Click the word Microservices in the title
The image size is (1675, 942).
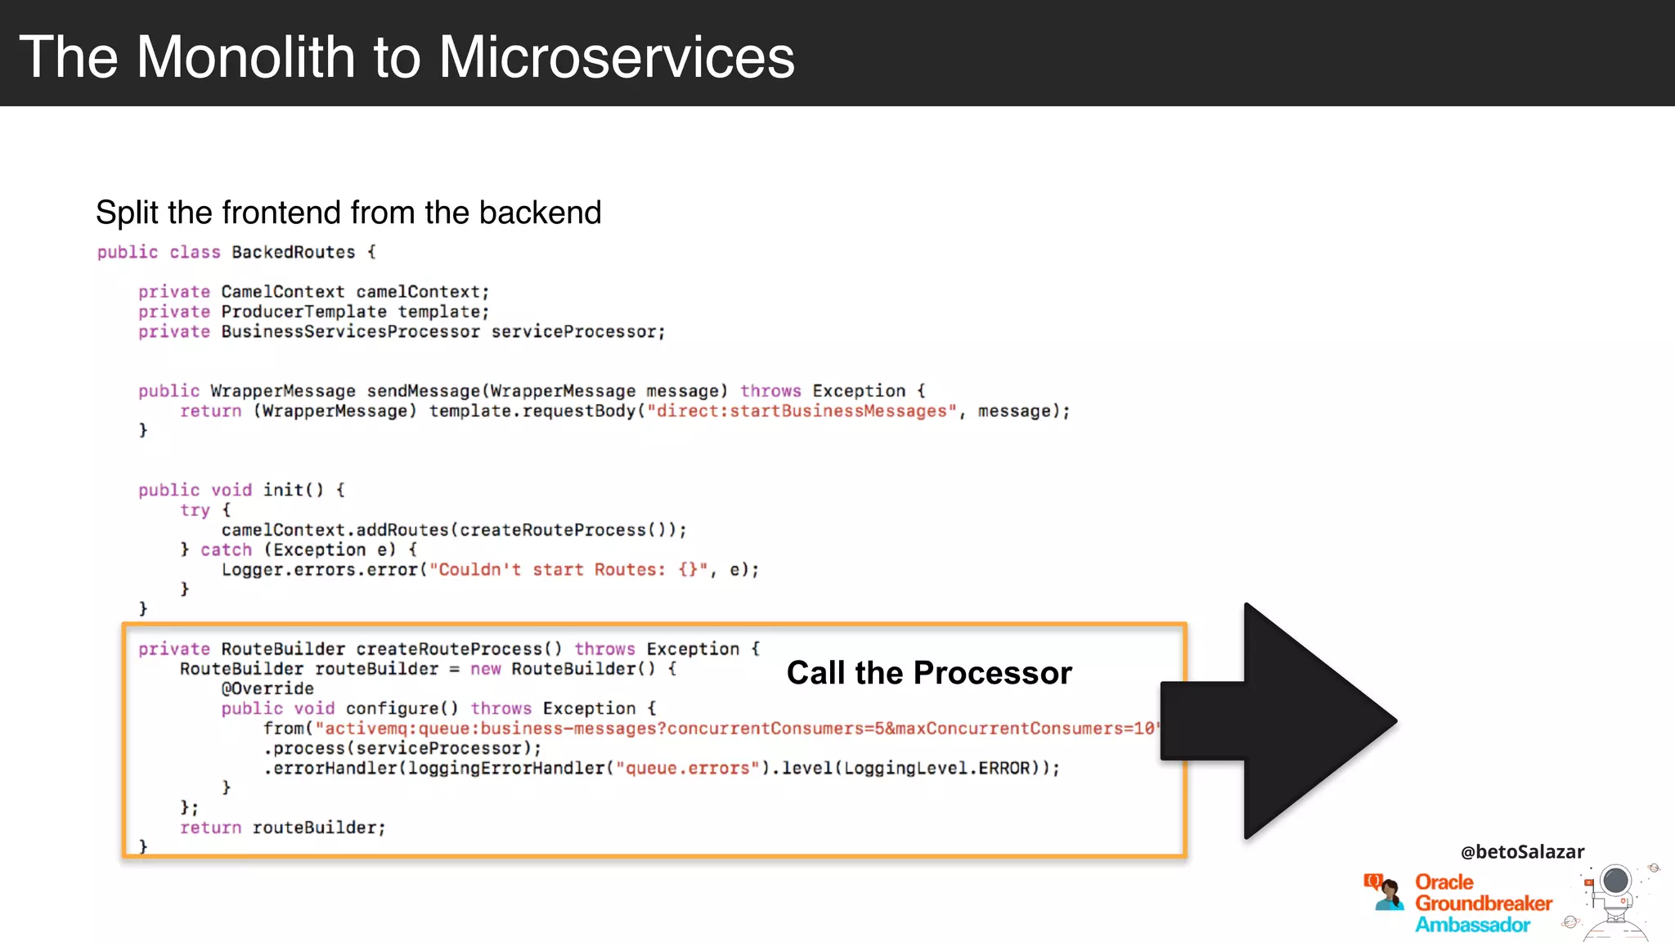(x=616, y=57)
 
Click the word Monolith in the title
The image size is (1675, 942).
(x=245, y=57)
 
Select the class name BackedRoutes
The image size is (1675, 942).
(x=293, y=253)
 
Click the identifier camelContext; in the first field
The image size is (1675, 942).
(x=422, y=292)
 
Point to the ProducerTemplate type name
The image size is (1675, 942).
(x=303, y=312)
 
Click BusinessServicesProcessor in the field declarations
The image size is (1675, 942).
(x=350, y=332)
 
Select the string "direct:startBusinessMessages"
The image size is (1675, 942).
(x=802, y=411)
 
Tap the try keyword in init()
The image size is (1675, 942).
(x=195, y=510)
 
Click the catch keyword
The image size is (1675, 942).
(x=226, y=550)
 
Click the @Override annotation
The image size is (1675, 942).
(x=267, y=689)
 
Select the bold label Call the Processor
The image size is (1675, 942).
(x=928, y=673)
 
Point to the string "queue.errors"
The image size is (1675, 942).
(x=687, y=769)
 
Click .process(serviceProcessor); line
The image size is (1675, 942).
(x=402, y=749)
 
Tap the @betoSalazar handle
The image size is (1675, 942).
(x=1522, y=852)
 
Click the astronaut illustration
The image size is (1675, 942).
(x=1614, y=899)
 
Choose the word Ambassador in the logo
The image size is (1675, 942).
(x=1472, y=925)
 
